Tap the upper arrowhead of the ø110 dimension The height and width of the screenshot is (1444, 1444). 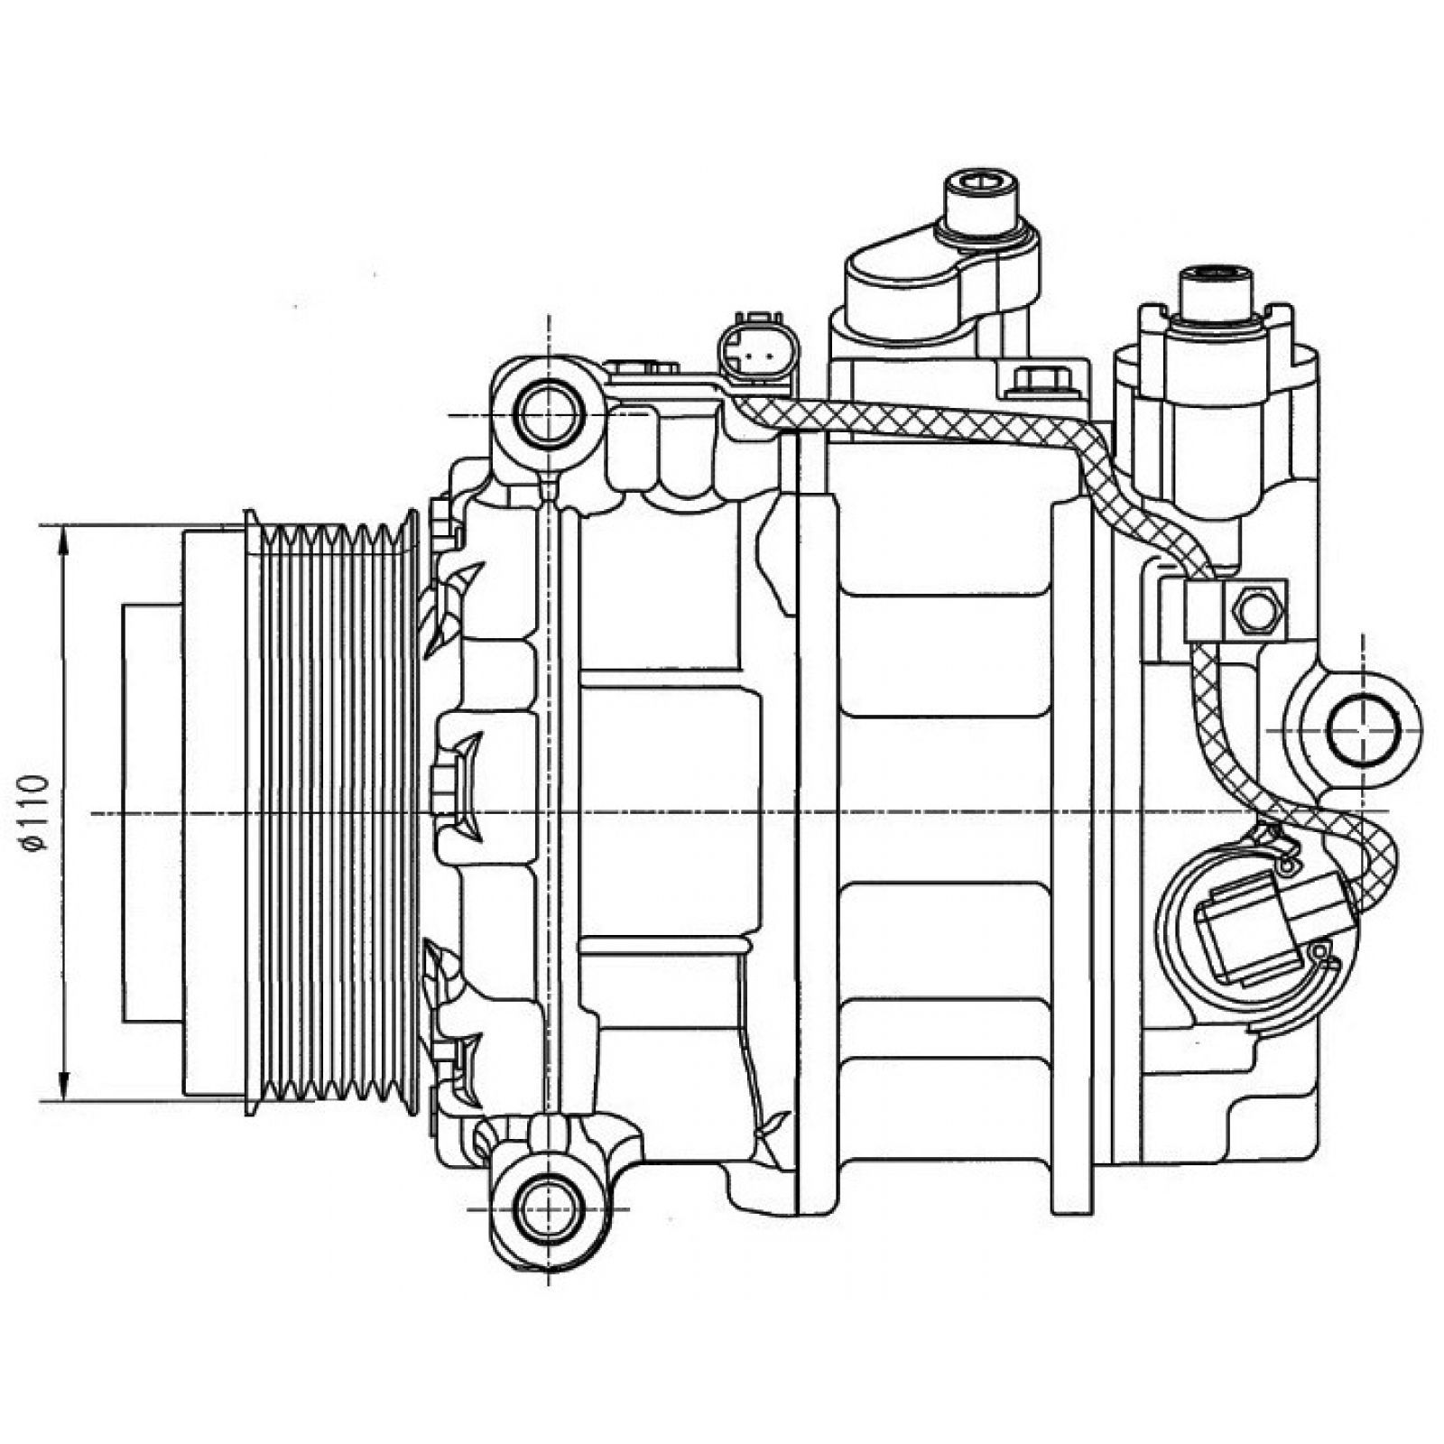tap(63, 541)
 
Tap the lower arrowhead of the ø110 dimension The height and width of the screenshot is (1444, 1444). tap(63, 1086)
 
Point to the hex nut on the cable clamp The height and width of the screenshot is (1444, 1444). tap(1255, 609)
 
